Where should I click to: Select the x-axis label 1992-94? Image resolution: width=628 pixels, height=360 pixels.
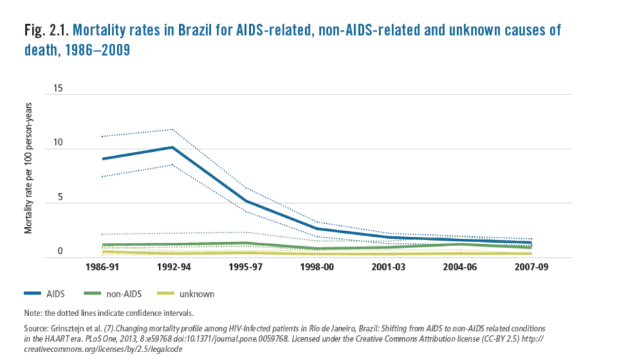click(x=172, y=268)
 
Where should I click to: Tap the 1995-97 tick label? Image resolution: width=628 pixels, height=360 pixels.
click(x=244, y=268)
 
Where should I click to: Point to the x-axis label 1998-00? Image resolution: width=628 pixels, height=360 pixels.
click(x=316, y=268)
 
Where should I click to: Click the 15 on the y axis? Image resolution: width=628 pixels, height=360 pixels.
click(x=58, y=88)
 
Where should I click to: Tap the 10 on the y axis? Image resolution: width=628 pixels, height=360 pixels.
click(x=58, y=143)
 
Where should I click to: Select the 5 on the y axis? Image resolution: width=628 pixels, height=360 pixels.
click(x=60, y=197)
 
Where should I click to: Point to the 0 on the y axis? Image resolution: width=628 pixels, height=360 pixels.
click(x=60, y=251)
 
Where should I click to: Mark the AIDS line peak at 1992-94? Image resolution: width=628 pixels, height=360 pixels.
click(x=172, y=147)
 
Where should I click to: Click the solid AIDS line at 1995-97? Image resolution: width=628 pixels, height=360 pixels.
click(x=244, y=201)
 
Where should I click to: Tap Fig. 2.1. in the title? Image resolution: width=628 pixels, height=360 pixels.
click(x=46, y=31)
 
